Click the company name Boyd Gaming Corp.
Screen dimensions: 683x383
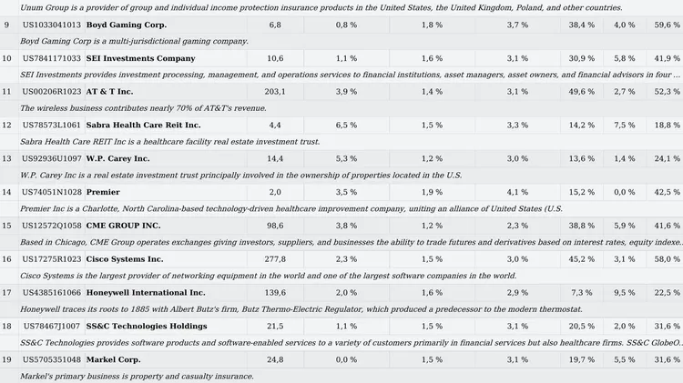coord(127,25)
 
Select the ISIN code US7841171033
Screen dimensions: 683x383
coord(52,58)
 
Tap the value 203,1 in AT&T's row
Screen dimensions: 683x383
coord(275,92)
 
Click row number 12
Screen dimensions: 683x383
coord(6,126)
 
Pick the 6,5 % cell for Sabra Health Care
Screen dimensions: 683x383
coord(346,126)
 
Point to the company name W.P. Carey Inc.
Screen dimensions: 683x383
coord(118,159)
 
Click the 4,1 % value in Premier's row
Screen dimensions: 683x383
coord(517,192)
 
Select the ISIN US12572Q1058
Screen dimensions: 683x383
coord(52,226)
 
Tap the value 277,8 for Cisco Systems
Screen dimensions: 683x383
coord(275,259)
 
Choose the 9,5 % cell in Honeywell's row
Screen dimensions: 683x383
coord(624,293)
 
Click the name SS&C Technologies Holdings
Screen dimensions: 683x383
coord(147,327)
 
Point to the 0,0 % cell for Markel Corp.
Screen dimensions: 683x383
coord(346,360)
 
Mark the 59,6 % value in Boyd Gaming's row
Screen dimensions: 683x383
coord(667,25)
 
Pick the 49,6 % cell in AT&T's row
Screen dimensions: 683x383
coord(581,92)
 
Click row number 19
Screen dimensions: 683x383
coord(6,360)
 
